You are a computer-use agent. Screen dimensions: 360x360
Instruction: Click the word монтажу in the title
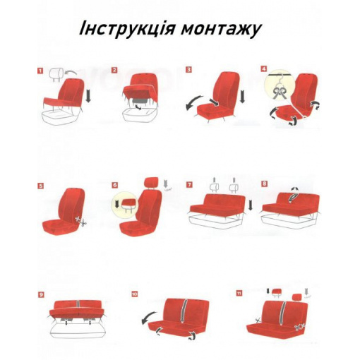[222, 30]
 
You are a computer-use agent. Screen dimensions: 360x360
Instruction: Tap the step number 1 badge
[40, 71]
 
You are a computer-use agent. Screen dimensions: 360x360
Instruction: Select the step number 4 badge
[264, 69]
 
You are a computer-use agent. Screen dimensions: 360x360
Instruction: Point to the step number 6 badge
[115, 185]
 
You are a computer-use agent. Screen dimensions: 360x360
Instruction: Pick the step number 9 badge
[41, 294]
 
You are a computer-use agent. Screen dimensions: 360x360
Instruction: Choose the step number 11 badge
[239, 294]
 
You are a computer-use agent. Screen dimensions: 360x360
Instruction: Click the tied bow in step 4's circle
[279, 91]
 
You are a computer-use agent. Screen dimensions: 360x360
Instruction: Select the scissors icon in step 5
[80, 220]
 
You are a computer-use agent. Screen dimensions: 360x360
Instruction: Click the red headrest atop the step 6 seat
[152, 182]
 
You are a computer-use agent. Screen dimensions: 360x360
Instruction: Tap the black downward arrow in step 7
[250, 204]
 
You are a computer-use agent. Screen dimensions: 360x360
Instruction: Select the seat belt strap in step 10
[183, 311]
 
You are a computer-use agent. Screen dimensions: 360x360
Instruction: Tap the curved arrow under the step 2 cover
[139, 107]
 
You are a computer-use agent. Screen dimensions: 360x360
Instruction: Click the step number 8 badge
[265, 184]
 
